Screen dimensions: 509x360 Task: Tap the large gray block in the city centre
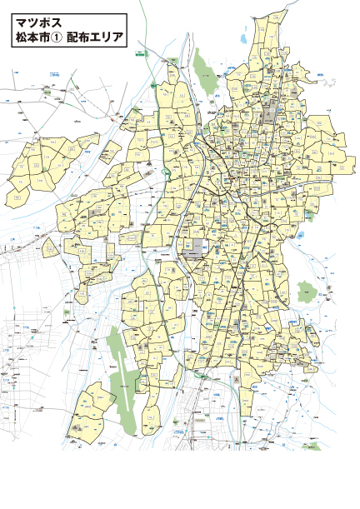(x=197, y=247)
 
